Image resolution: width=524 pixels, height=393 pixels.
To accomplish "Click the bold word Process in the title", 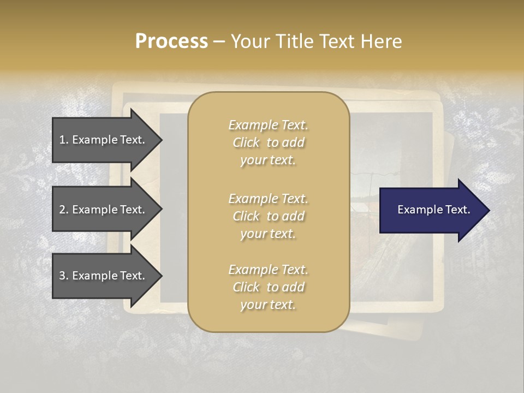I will coord(171,41).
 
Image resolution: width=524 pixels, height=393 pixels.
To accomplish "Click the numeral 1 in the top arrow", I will coord(62,140).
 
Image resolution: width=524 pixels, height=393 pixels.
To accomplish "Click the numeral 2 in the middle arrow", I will coord(62,210).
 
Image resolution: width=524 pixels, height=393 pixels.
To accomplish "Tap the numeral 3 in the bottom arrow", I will coord(62,276).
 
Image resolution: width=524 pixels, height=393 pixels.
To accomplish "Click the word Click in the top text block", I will coord(246,142).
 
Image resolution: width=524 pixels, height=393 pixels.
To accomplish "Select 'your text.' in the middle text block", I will coord(268,234).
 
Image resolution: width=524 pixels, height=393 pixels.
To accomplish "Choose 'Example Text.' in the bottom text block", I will coord(268,270).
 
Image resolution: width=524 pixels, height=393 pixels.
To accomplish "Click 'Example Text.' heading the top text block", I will coord(268,125).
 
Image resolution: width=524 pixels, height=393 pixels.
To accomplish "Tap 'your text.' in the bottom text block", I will coord(268,305).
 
